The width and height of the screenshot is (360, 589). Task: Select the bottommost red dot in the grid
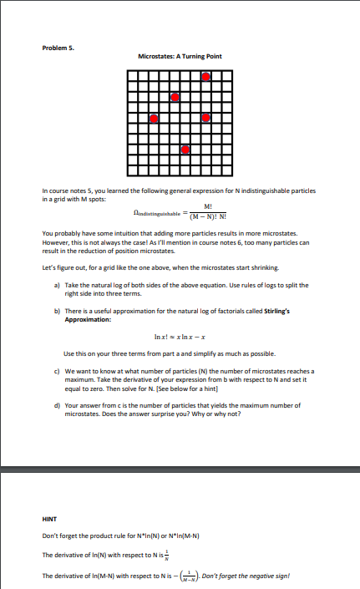[185, 151]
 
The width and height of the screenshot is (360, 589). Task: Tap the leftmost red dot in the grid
[153, 119]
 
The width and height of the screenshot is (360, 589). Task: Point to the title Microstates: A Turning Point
[180, 56]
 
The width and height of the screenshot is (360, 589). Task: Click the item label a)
[55, 285]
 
